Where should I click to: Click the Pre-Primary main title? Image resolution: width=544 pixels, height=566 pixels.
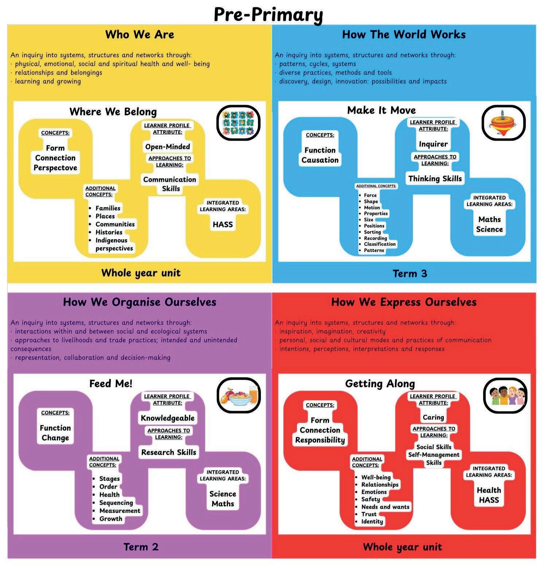[268, 15]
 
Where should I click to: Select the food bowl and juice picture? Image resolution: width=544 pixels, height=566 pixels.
[238, 395]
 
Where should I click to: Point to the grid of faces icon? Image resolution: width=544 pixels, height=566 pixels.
[238, 122]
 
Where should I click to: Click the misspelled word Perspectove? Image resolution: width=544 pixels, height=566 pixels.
[55, 168]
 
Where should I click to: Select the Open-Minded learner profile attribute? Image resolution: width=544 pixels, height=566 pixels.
[168, 147]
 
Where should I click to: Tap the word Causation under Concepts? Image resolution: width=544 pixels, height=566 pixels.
[320, 160]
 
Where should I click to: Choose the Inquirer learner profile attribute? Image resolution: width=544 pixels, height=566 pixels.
[433, 144]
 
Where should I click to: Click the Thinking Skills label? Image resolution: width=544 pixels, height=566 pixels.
[435, 179]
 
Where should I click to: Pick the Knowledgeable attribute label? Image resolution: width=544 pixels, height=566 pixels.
[168, 418]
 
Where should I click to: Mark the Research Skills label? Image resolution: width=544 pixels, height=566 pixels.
[169, 452]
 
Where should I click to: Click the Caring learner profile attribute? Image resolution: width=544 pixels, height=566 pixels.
[433, 417]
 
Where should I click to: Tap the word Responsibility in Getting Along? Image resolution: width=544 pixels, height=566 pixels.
[320, 440]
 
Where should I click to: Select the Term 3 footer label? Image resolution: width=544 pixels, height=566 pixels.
[410, 273]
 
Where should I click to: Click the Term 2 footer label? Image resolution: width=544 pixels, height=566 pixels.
[141, 547]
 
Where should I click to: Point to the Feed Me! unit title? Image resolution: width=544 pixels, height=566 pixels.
[111, 383]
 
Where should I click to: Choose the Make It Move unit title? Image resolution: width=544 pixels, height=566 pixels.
[381, 110]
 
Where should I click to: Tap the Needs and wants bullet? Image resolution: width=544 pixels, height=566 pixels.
[385, 507]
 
